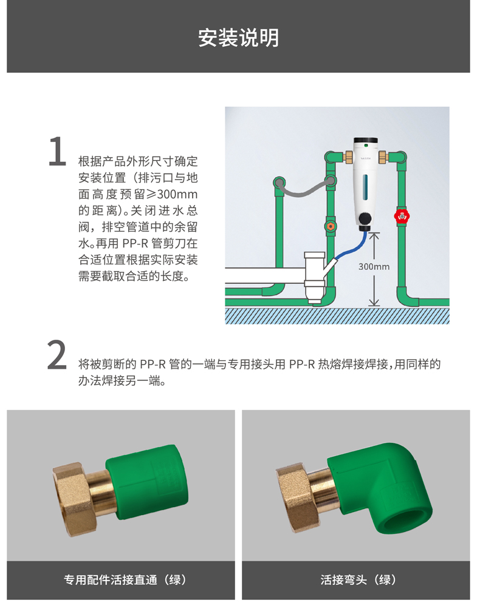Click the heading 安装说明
pos(238,38)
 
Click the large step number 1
pos(57,151)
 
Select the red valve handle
pos(402,216)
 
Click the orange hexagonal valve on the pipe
pos(330,226)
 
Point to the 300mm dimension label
pos(374,266)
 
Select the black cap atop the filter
pos(365,140)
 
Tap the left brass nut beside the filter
pos(349,157)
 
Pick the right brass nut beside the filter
pos(383,157)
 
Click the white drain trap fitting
pos(315,276)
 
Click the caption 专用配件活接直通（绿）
pos(125,579)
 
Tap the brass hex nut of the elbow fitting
pos(297,499)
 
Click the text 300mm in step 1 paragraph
pos(177,194)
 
